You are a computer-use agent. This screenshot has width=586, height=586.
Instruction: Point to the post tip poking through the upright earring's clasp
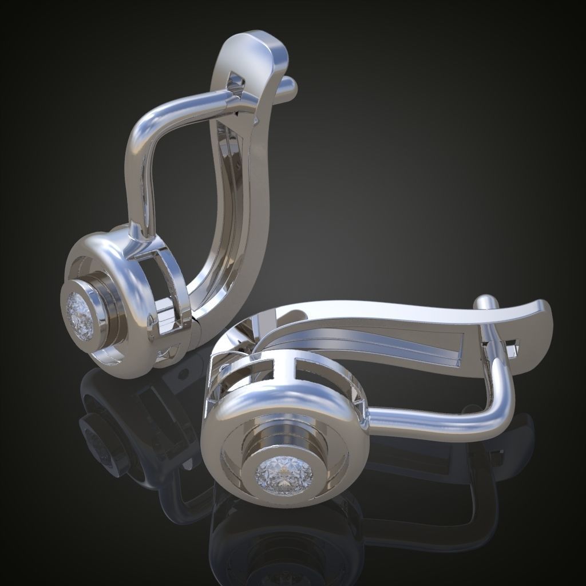289,85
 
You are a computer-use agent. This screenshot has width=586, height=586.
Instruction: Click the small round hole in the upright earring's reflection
184,375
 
